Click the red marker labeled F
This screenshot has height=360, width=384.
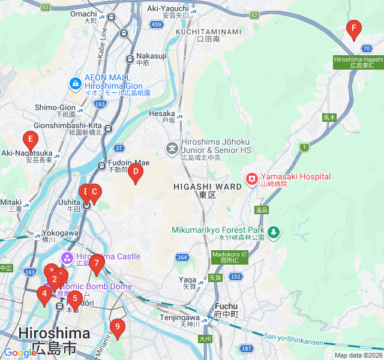[x=354, y=28]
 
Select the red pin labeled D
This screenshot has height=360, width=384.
[x=136, y=173]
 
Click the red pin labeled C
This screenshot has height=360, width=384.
[x=94, y=193]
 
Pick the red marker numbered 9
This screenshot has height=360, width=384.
[x=117, y=328]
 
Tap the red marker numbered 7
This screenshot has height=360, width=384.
[x=97, y=263]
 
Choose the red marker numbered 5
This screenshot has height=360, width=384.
[x=74, y=298]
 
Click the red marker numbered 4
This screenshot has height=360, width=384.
[x=44, y=294]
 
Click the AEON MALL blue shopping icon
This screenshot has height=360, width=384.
[x=76, y=83]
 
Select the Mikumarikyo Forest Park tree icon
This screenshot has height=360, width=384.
[x=274, y=231]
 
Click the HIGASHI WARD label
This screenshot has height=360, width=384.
[x=208, y=187]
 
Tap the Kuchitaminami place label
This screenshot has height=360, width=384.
[x=208, y=32]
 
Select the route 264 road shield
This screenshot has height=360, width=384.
[x=182, y=257]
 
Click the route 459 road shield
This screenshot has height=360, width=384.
[x=157, y=25]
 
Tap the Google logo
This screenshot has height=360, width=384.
[x=19, y=353]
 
